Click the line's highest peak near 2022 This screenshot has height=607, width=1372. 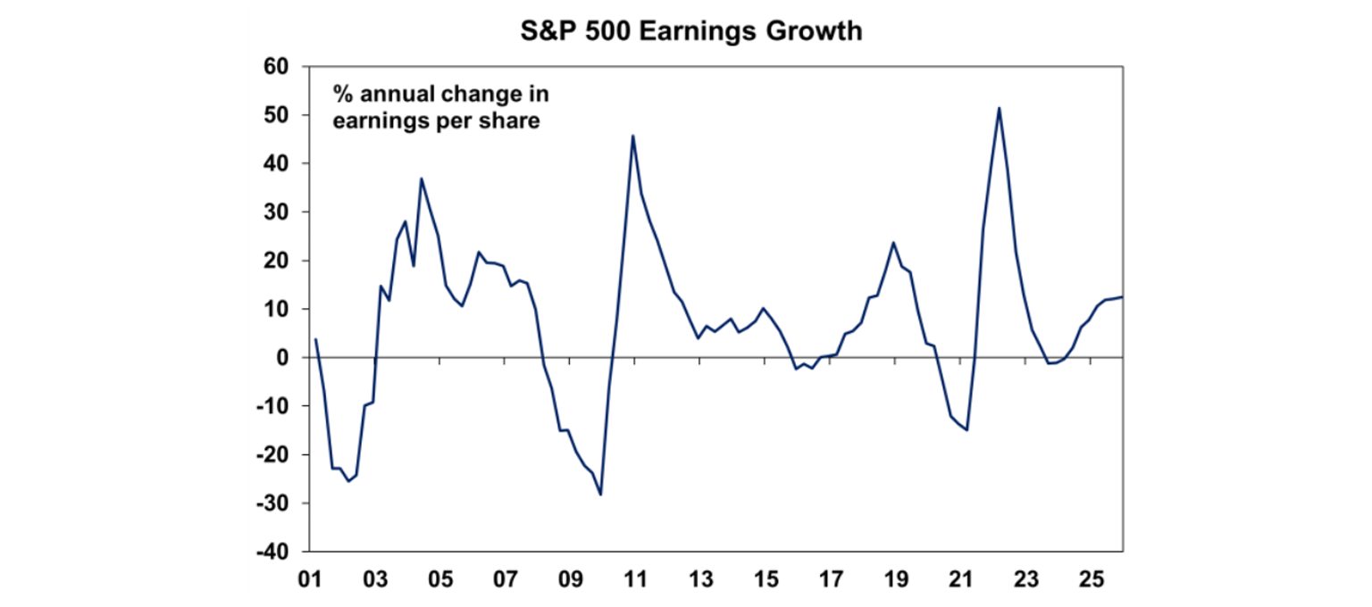point(999,108)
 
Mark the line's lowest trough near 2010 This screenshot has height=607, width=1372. point(600,495)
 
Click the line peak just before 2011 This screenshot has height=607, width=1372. point(633,136)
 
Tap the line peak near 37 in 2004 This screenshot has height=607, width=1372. point(422,179)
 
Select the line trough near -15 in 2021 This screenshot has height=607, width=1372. point(966,429)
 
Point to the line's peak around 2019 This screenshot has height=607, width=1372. point(892,242)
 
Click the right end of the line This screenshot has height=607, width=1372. point(1122,297)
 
